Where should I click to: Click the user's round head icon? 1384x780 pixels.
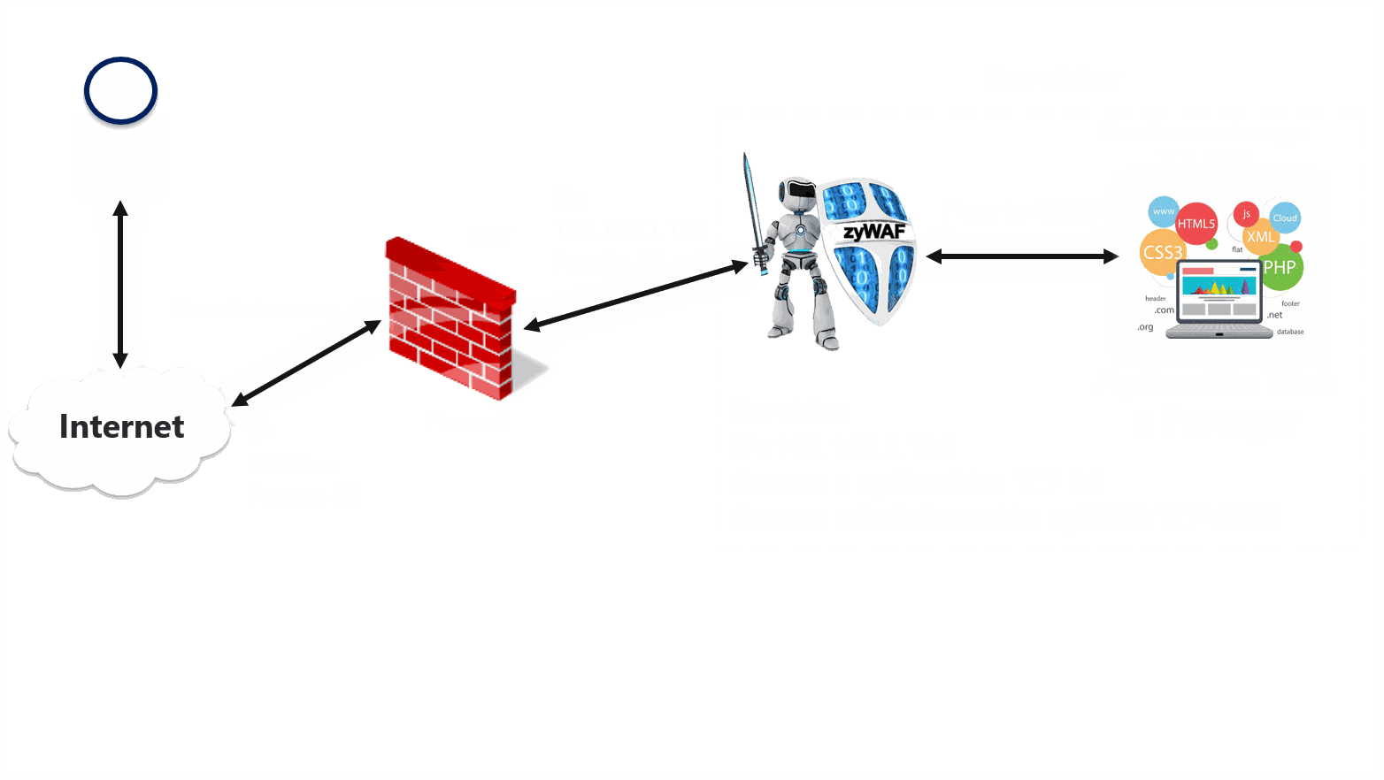pyautogui.click(x=120, y=90)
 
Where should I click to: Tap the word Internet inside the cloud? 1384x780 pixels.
pyautogui.click(x=121, y=427)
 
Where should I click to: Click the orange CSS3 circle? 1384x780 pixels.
pyautogui.click(x=1162, y=253)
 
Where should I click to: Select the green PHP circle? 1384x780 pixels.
pyautogui.click(x=1280, y=267)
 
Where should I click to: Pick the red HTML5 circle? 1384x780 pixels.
pyautogui.click(x=1196, y=224)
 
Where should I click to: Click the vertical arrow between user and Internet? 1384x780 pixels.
pyautogui.click(x=120, y=284)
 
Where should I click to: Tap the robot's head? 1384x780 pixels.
pyautogui.click(x=796, y=193)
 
